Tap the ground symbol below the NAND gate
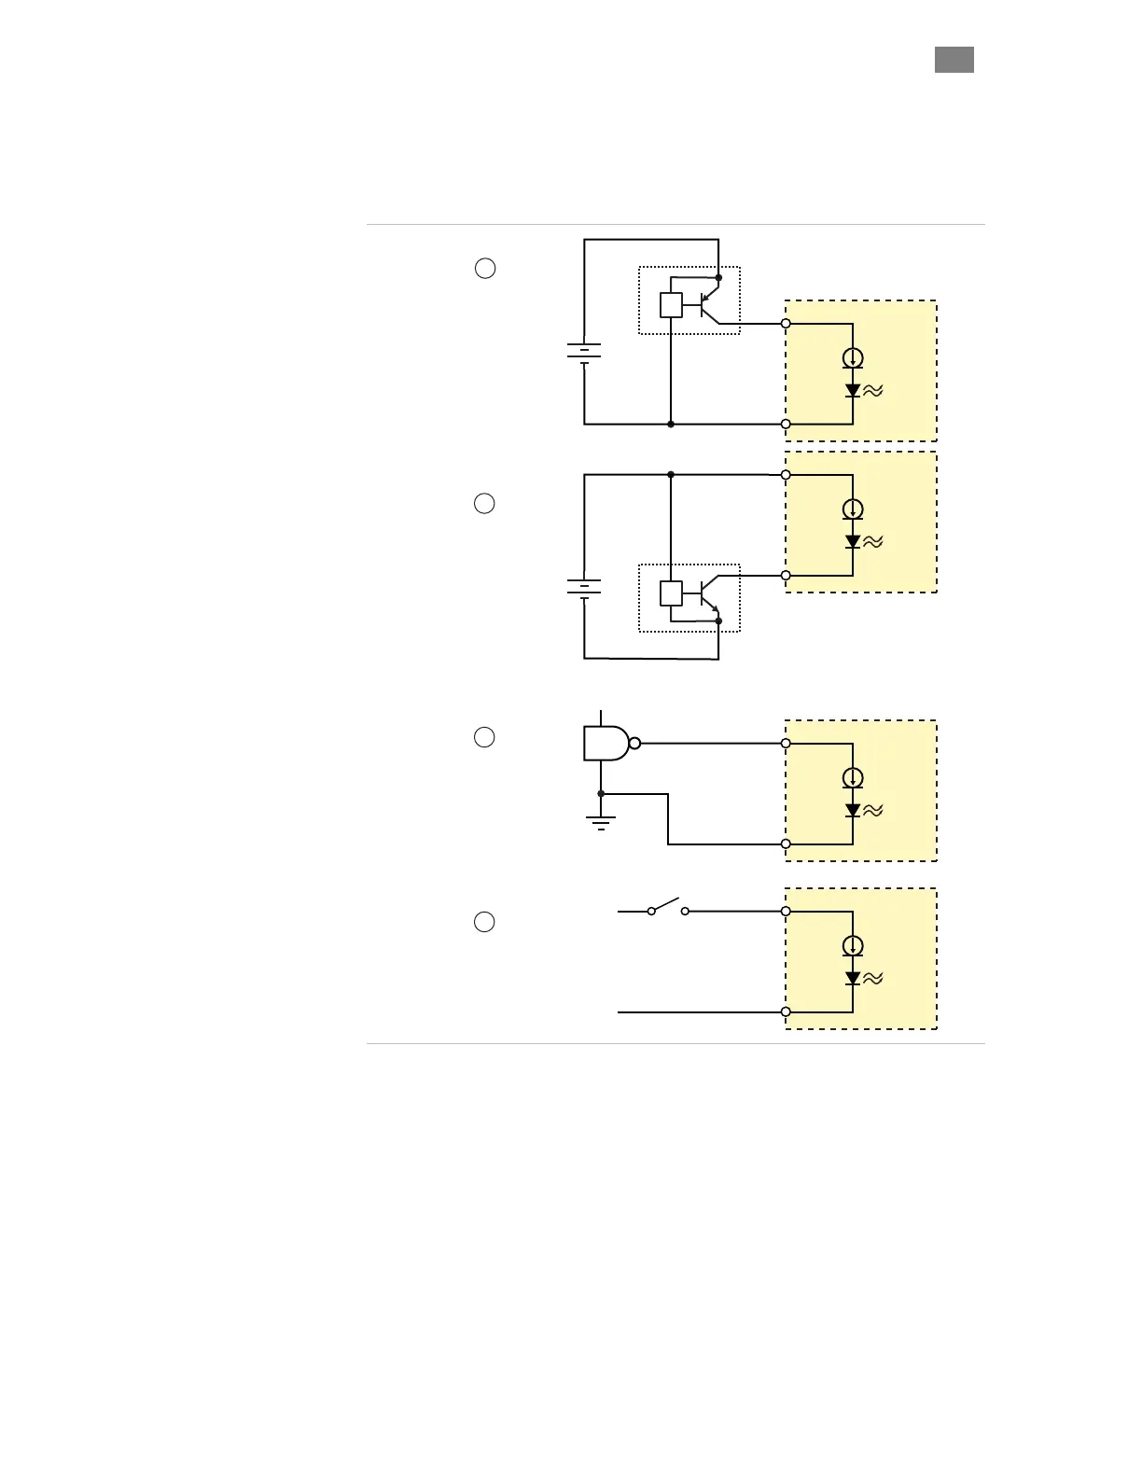click(601, 822)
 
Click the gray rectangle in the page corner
click(954, 60)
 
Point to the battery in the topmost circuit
click(584, 352)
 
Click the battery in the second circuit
click(584, 588)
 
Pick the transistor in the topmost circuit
click(708, 305)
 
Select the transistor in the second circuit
click(708, 593)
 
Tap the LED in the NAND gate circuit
click(853, 810)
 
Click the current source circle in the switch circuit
click(853, 945)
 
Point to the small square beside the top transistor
click(671, 305)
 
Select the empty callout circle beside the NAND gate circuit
click(484, 737)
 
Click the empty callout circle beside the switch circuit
click(484, 922)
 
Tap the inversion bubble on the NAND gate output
click(635, 744)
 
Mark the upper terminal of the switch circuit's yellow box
click(786, 911)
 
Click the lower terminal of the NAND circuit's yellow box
click(786, 844)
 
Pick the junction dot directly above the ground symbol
click(601, 794)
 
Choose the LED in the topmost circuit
click(853, 391)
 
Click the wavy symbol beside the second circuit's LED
click(873, 541)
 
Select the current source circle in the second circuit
click(853, 509)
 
